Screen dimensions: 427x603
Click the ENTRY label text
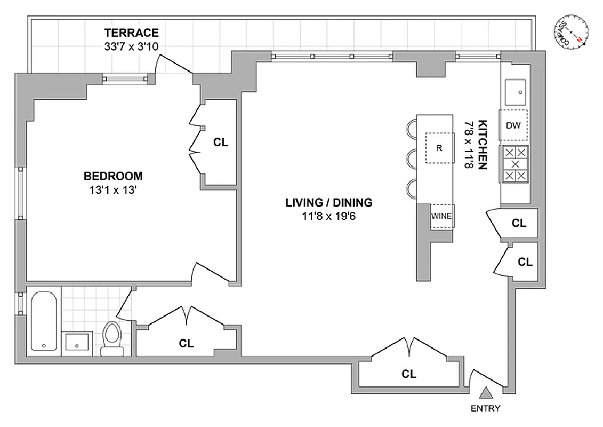coord(485,409)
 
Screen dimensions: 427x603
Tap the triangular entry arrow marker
coord(485,393)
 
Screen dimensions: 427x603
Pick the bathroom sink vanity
coord(78,343)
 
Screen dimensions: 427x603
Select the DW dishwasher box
coord(513,126)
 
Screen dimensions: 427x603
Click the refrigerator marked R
coord(439,148)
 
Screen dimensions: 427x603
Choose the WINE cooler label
coord(441,216)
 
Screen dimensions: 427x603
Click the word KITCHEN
coord(482,144)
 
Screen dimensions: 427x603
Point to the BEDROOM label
coord(113,176)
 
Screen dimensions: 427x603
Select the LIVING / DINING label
coord(328,202)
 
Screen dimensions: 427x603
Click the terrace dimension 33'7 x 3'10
coord(132,46)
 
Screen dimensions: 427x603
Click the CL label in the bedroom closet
coord(220,143)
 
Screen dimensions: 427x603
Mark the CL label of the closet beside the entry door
coord(409,374)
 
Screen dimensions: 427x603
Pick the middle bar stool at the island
coord(411,159)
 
